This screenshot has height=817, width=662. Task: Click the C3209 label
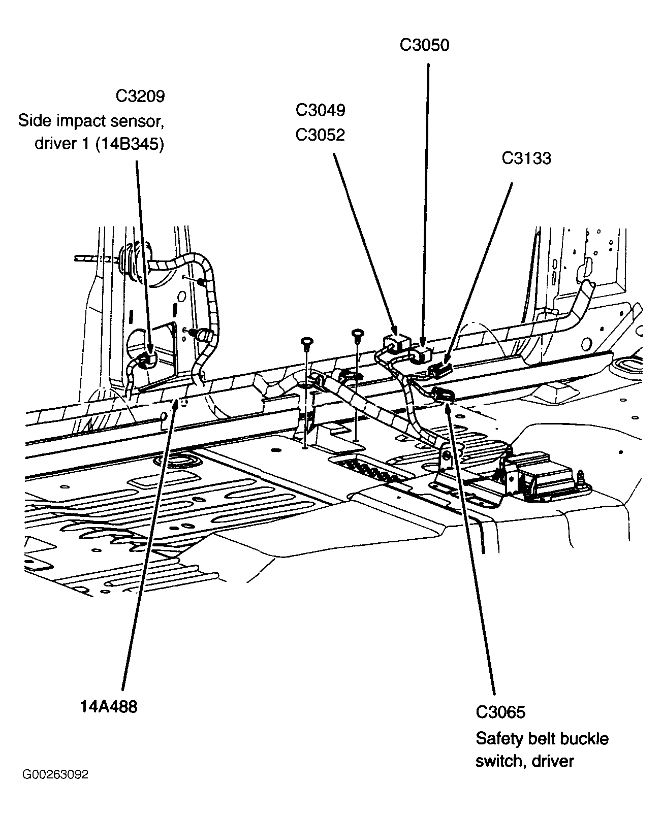point(140,96)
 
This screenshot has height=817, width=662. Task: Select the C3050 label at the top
point(424,45)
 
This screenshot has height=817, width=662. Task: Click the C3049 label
point(320,110)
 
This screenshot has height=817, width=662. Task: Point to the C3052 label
point(320,135)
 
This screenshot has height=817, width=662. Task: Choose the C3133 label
point(526,158)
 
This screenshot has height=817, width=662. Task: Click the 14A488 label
point(108,706)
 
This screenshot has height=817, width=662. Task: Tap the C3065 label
point(500,712)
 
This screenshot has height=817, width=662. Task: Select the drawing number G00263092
point(55,775)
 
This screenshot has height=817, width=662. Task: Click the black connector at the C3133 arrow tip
point(440,370)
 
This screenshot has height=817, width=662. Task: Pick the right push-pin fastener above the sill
point(358,335)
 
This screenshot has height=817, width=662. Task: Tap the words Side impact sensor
point(91,121)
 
